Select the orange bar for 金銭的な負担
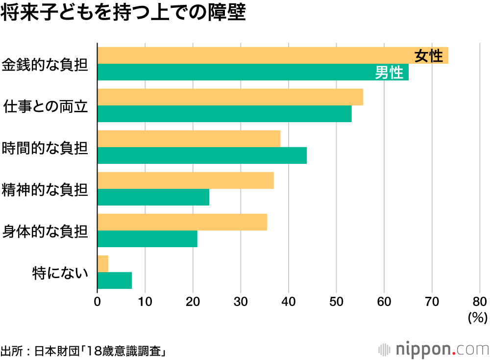(x=255, y=55)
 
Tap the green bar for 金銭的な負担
(x=235, y=73)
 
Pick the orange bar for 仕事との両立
(x=230, y=97)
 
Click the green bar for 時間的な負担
(x=202, y=155)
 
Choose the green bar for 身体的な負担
(x=147, y=239)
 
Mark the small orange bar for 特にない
(x=103, y=264)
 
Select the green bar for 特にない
(x=115, y=281)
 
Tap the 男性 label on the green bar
(x=389, y=73)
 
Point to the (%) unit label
(x=478, y=318)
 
